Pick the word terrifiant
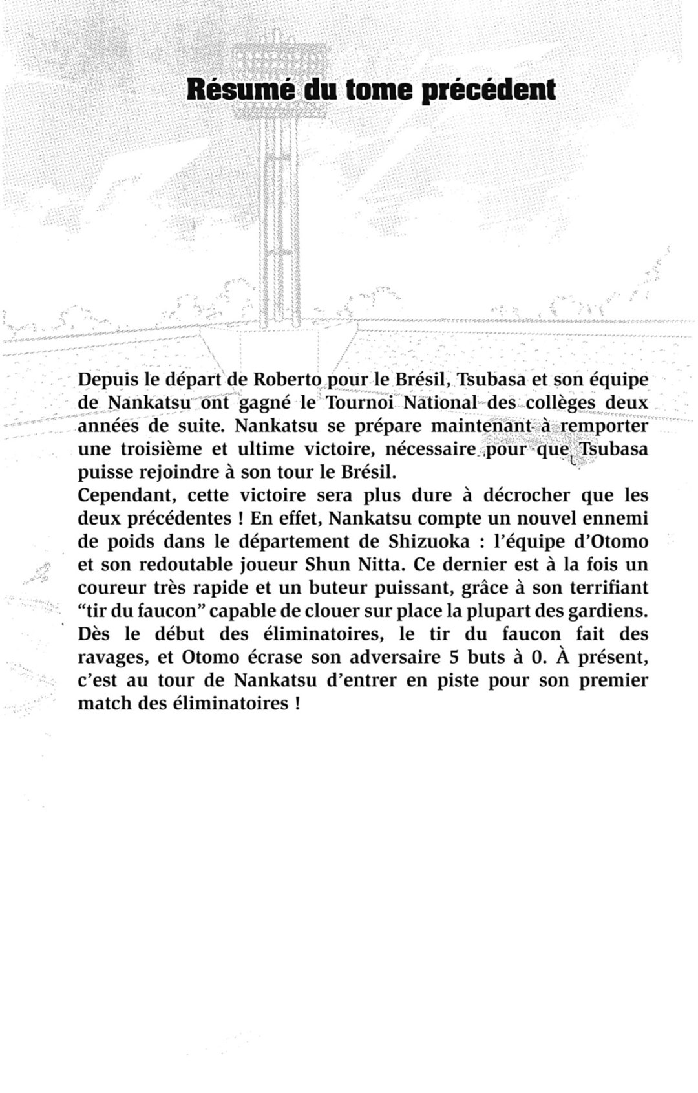coord(602,589)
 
